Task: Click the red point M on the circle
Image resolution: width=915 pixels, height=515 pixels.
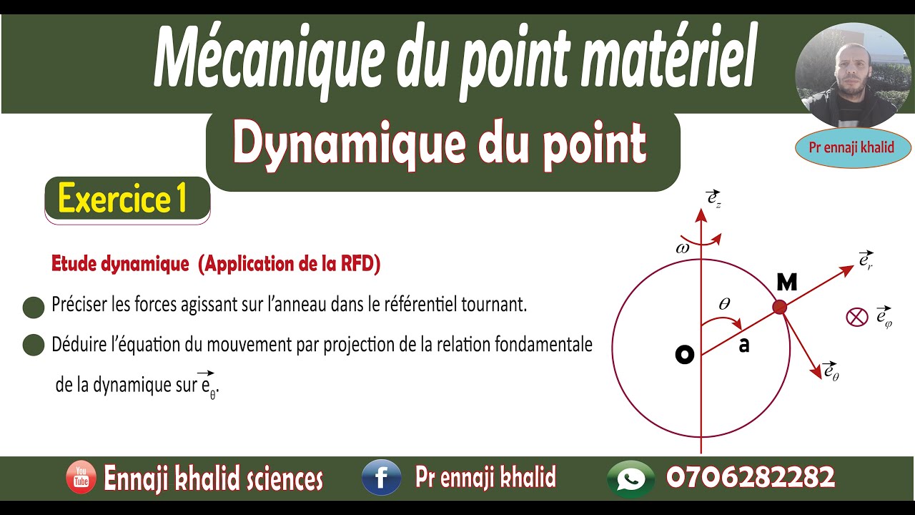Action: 780,307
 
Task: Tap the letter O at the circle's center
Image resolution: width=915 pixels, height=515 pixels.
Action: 685,355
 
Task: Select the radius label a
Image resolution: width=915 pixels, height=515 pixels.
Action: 744,345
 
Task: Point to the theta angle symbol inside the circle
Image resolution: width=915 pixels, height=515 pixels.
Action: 724,304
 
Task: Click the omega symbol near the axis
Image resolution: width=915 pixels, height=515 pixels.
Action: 682,248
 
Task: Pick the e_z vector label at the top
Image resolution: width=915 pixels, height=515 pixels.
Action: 713,199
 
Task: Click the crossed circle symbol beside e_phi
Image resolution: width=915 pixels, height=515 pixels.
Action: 856,316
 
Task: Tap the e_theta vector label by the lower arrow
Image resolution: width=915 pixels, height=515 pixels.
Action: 831,371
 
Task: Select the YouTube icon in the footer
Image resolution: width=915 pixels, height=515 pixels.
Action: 81,478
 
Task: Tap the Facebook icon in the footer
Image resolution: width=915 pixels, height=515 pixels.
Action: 381,478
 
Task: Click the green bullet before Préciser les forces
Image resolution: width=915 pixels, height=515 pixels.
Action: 34,308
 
